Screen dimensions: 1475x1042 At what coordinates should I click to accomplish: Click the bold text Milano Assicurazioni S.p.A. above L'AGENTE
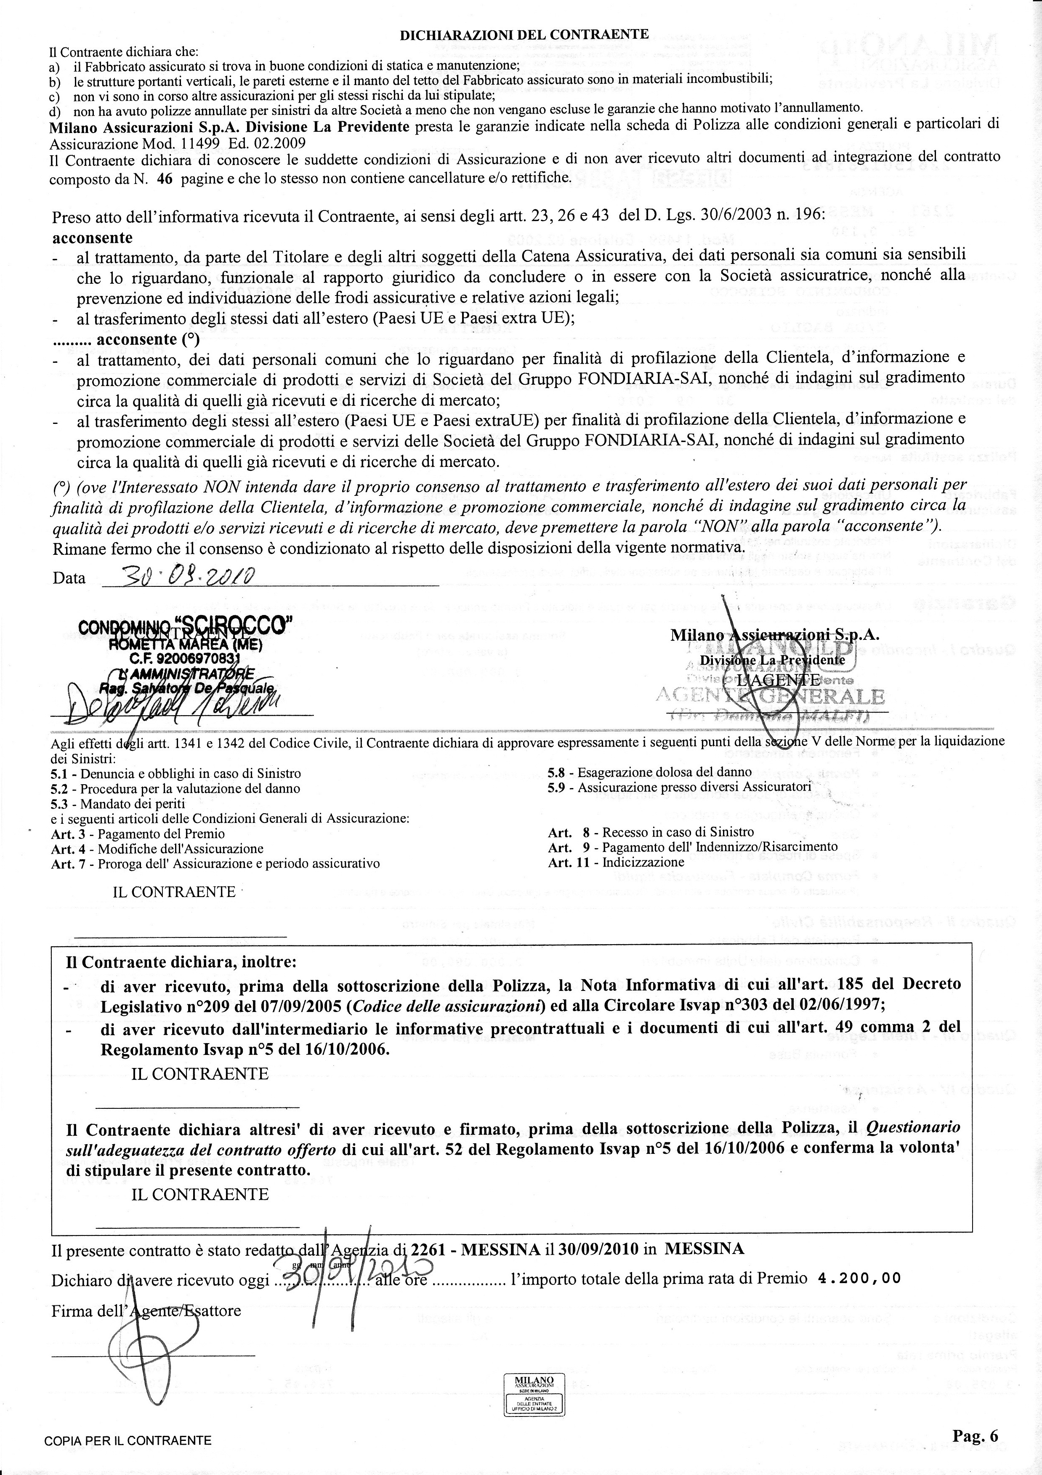coord(774,635)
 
